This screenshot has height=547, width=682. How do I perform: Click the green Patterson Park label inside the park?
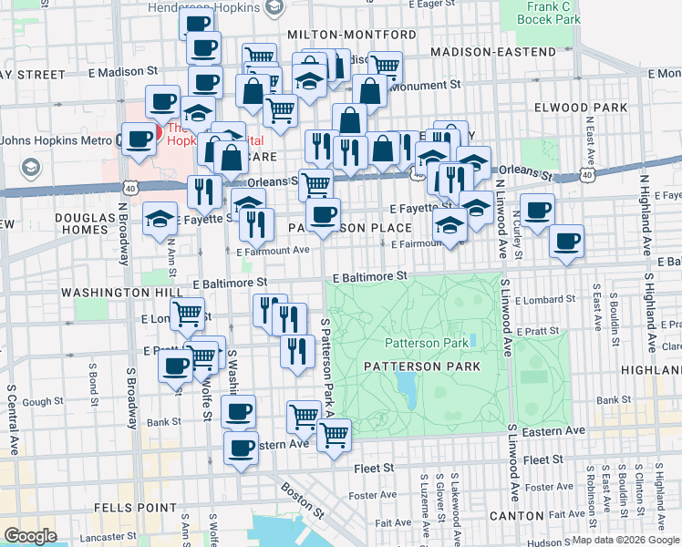coord(426,343)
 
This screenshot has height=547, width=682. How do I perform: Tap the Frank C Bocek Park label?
coord(548,13)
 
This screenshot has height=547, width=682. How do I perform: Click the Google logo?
coord(30,535)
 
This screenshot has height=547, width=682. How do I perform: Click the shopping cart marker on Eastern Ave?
coord(334,435)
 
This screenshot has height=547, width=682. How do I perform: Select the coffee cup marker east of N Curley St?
coord(566,242)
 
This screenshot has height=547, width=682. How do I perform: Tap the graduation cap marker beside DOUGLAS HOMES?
coord(160,220)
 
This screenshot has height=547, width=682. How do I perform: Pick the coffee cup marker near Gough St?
coord(176,366)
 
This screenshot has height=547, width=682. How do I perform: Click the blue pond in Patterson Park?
coord(407,389)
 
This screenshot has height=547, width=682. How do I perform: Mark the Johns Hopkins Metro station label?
coord(57,140)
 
